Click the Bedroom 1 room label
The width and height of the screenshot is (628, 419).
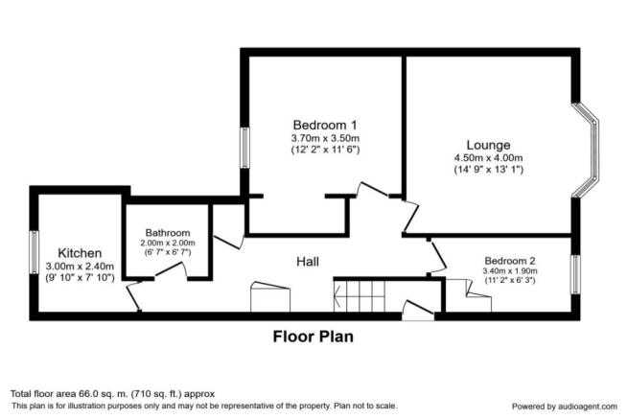point(325,125)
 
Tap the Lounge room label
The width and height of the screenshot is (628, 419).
point(488,145)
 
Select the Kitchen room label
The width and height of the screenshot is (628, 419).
point(80,253)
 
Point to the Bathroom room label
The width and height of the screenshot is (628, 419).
point(168,233)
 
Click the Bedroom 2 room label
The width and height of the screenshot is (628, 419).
point(510,261)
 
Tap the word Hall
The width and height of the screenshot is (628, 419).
point(308,262)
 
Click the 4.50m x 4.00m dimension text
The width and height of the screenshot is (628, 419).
point(488,158)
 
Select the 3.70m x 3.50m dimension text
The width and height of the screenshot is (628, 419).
point(325,139)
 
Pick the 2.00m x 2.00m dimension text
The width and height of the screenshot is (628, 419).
point(168,244)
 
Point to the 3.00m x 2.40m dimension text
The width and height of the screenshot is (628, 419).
point(80,266)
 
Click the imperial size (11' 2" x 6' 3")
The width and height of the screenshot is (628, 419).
point(510,280)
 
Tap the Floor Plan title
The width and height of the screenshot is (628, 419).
point(314,337)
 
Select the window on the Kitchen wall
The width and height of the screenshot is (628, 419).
point(35,252)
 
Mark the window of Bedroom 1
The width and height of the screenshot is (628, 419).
point(244,148)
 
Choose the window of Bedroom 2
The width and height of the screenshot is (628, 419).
point(575,274)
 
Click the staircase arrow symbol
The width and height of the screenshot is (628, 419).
point(338,297)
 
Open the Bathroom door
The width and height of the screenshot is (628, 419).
point(171,269)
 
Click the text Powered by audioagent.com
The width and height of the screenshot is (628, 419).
point(565,407)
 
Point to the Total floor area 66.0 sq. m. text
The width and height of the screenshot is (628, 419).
point(112,394)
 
